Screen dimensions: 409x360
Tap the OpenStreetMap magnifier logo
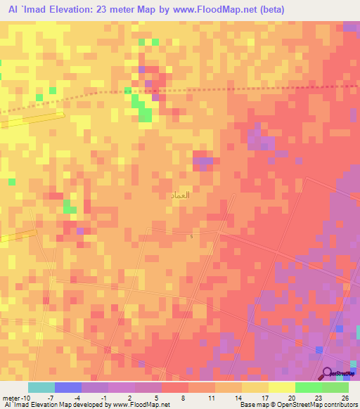point(328,374)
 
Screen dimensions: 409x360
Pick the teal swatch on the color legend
point(41,387)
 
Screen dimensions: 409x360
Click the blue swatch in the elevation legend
point(68,387)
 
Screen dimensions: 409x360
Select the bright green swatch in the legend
point(309,387)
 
